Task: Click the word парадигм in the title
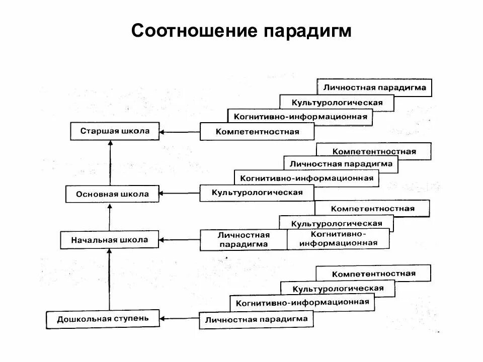[x=306, y=31]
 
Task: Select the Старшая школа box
[x=115, y=131]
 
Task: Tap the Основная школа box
[x=112, y=194]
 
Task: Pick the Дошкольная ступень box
[x=103, y=319]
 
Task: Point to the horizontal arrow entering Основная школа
[x=180, y=193]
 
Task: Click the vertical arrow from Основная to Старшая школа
[x=111, y=163]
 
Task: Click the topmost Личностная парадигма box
[x=375, y=87]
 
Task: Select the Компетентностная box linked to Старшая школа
[x=257, y=132]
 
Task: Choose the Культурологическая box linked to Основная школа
[x=257, y=193]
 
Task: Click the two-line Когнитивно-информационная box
[x=338, y=239]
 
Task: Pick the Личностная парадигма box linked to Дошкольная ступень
[x=256, y=319]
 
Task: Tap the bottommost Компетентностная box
[x=373, y=274]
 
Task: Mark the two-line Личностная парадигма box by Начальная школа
[x=244, y=240]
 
